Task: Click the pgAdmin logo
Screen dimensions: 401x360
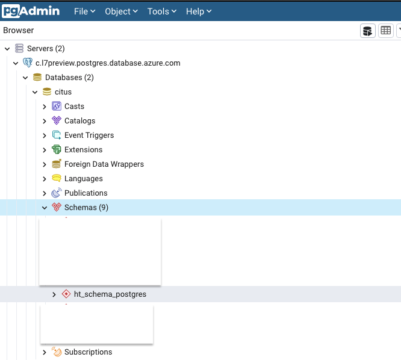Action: click(x=31, y=11)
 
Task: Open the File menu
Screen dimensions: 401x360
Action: click(x=84, y=11)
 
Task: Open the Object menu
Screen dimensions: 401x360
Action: click(x=121, y=11)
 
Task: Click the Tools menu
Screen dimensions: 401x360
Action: click(x=162, y=11)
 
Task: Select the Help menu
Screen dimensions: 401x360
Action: click(x=199, y=11)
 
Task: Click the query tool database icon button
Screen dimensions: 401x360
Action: click(x=367, y=31)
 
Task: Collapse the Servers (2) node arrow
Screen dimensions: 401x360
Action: click(x=7, y=49)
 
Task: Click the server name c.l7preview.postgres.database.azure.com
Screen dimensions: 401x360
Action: click(x=108, y=63)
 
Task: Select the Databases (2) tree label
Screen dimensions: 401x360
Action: click(x=69, y=78)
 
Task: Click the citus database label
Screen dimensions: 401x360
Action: click(x=63, y=92)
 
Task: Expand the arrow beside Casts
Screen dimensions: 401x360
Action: click(x=45, y=107)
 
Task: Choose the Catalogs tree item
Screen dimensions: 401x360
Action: click(x=80, y=120)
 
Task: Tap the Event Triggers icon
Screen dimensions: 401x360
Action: click(x=57, y=135)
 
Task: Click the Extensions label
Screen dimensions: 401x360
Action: click(x=83, y=149)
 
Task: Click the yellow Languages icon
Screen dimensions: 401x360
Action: click(x=57, y=178)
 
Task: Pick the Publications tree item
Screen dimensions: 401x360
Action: click(x=86, y=193)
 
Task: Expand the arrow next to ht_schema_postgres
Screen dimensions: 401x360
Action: click(x=54, y=294)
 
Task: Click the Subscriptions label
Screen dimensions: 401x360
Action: click(x=89, y=352)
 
